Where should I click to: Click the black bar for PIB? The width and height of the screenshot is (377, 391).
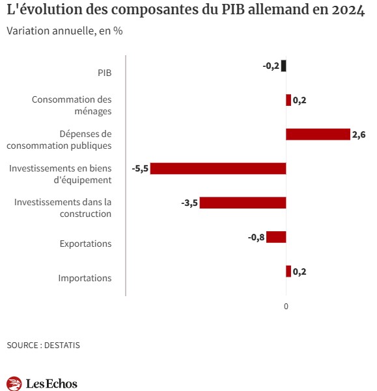[x=283, y=66]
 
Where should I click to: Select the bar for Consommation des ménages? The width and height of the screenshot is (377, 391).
[x=288, y=100]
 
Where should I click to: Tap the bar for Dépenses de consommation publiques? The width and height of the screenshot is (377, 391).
[x=318, y=134]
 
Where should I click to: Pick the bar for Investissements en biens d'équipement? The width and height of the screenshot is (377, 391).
[x=218, y=169]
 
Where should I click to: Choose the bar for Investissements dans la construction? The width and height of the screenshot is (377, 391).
[x=243, y=203]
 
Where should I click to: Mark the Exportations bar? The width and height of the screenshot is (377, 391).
[x=276, y=237]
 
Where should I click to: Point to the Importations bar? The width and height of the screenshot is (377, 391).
[x=288, y=271]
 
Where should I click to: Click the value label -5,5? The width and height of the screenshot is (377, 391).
[x=140, y=169]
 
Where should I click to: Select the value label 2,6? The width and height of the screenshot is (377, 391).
[x=359, y=134]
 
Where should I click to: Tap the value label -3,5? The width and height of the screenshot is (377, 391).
[x=189, y=203]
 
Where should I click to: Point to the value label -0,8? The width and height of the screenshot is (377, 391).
[x=256, y=237]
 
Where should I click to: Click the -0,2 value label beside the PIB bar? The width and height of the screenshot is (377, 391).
[x=271, y=66]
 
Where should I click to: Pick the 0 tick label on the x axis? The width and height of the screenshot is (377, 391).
[x=286, y=306]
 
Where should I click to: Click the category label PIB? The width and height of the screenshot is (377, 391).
[x=104, y=73]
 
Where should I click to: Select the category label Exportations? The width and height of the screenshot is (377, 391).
[x=85, y=244]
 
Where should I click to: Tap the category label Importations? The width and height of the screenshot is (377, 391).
[x=85, y=278]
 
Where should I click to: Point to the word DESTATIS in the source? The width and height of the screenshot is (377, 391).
[x=62, y=345]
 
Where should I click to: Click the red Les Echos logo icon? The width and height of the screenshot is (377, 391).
[x=14, y=383]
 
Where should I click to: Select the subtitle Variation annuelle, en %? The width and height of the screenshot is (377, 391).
[x=64, y=31]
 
